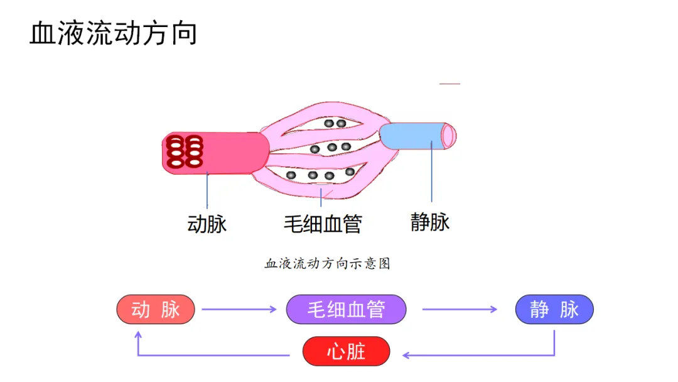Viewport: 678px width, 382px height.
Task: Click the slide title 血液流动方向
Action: [x=113, y=33]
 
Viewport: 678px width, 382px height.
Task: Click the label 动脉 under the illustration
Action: [x=207, y=224]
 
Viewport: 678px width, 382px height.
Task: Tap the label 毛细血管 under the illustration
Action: [x=323, y=224]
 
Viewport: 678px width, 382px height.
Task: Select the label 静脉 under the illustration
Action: [x=430, y=222]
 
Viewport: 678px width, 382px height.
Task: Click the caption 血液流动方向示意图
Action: [x=327, y=264]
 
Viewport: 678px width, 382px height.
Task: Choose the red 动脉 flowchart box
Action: [x=156, y=309]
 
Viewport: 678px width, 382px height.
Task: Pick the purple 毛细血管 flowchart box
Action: [x=346, y=309]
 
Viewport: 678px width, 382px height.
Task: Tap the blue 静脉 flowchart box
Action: [x=554, y=309]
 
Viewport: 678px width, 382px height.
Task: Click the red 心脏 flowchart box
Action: [x=346, y=351]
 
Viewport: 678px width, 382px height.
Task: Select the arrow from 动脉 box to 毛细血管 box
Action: [x=239, y=309]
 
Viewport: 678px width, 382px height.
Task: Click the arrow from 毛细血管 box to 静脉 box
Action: [x=459, y=309]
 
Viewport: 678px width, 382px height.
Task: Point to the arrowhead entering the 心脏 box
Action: [x=406, y=356]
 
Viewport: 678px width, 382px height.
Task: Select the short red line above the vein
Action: [x=449, y=84]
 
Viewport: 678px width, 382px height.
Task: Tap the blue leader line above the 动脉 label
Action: [x=207, y=192]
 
